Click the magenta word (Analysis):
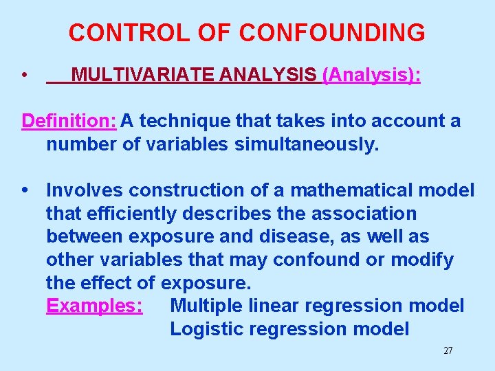pos(372,75)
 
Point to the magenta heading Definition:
pos(69,122)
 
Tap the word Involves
pos(85,190)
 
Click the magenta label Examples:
pos(94,306)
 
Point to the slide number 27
pos(448,351)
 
